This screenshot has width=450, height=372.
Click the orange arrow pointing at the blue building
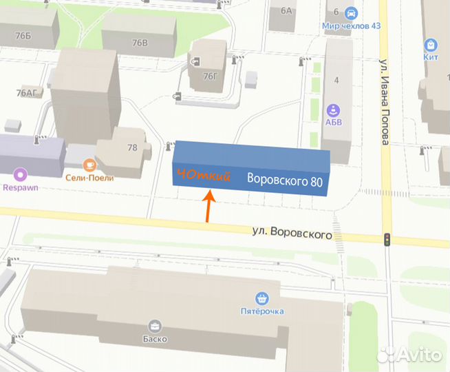tap(208, 205)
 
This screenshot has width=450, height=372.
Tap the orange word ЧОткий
tap(203, 176)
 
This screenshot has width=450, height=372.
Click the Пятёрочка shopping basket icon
tap(261, 298)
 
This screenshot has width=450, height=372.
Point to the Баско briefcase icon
tap(156, 326)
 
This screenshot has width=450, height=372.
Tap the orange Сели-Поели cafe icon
tap(89, 165)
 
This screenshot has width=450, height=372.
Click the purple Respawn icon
tap(19, 175)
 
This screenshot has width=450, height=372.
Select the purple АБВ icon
tap(333, 110)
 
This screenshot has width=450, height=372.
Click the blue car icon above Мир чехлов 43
tap(351, 13)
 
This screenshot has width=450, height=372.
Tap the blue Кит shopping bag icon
tap(431, 44)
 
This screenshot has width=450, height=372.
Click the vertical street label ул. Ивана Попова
tap(385, 102)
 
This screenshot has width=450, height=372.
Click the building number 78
tap(132, 147)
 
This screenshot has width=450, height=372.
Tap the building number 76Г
tap(209, 76)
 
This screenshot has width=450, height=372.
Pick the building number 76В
tap(140, 43)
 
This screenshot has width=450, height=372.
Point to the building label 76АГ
tap(28, 92)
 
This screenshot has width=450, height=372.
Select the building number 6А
tap(286, 10)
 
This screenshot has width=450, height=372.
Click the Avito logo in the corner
tap(410, 354)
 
